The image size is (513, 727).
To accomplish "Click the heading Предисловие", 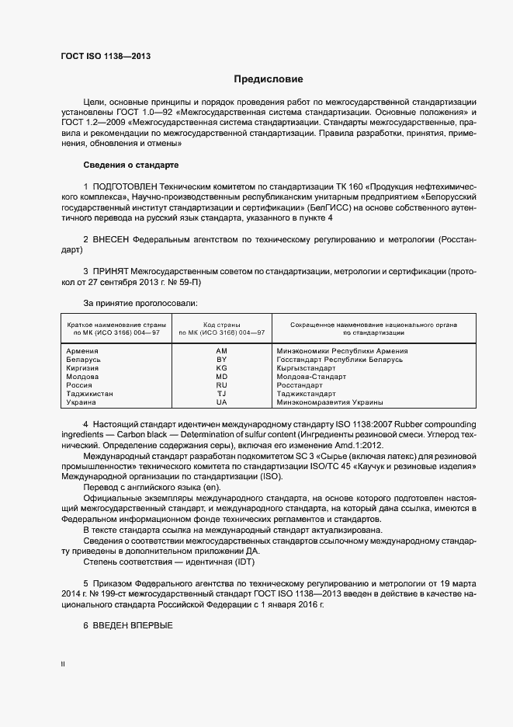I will click(x=269, y=79).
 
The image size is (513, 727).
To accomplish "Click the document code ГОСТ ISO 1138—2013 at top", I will click(x=105, y=57).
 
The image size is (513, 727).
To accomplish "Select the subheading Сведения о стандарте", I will click(x=130, y=165).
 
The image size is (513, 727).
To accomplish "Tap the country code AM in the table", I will click(x=221, y=351).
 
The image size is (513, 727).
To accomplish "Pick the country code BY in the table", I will click(x=221, y=360).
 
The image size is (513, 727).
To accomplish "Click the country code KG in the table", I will click(x=221, y=368).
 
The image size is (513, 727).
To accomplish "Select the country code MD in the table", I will click(x=221, y=377).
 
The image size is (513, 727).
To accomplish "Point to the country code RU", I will click(x=221, y=385).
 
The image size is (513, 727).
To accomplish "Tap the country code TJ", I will click(x=221, y=394).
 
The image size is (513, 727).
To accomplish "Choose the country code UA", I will click(x=221, y=402).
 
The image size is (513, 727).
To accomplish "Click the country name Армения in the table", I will click(x=82, y=351).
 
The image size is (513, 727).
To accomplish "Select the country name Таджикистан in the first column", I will click(x=90, y=394).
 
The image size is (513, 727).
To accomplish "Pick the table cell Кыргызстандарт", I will click(x=306, y=368).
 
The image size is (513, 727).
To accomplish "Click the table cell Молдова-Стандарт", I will click(x=310, y=377).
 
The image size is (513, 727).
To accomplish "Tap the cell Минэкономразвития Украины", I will click(x=330, y=402).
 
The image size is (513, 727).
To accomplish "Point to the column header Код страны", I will click(x=221, y=324).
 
